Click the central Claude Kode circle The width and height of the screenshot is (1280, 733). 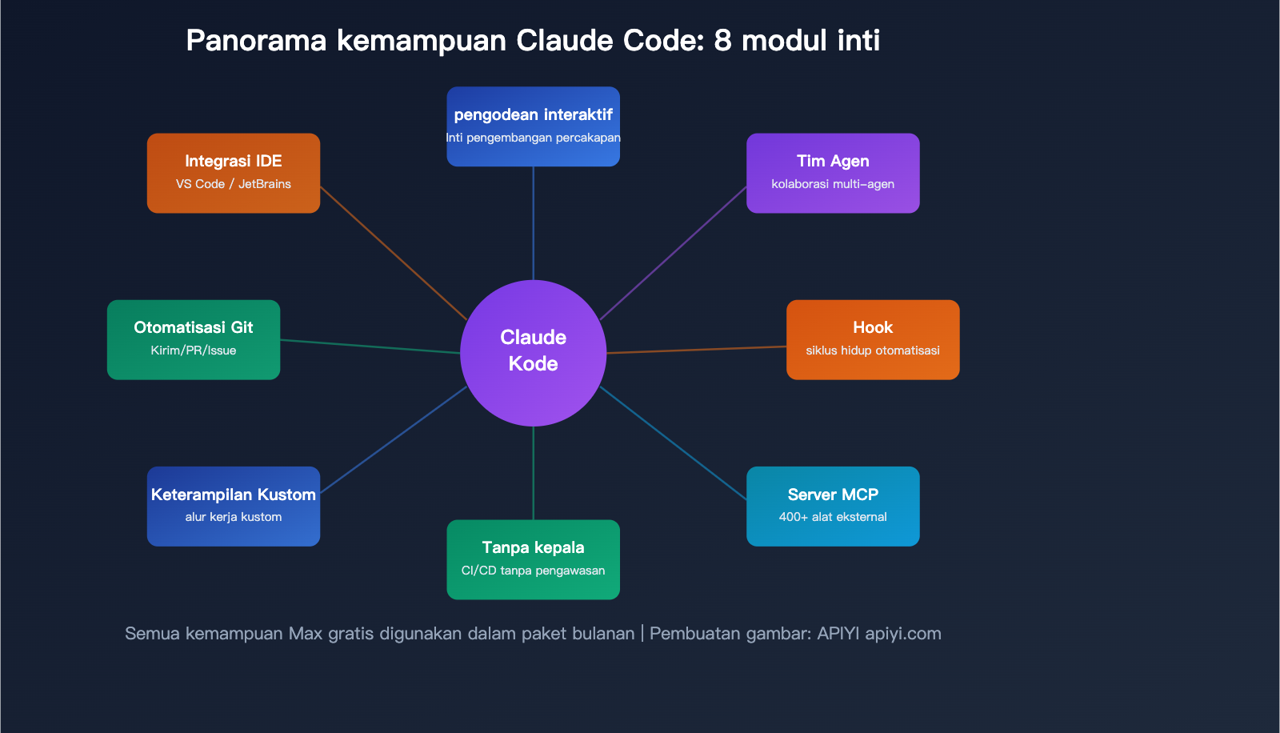tap(533, 352)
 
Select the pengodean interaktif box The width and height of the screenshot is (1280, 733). tap(533, 126)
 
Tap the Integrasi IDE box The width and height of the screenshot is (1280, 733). tap(233, 172)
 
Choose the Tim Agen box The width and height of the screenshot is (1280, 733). tap(832, 172)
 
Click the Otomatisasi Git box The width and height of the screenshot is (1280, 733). tap(193, 339)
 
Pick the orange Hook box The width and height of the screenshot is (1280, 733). tap(872, 339)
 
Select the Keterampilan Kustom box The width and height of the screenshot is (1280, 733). tap(233, 506)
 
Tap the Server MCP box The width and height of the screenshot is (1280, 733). tap(832, 506)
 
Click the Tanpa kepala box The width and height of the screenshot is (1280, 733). tap(533, 559)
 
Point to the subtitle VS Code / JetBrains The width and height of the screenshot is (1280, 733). tap(233, 184)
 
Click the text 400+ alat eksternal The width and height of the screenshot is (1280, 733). tap(832, 517)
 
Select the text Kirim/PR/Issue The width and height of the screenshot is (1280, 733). tap(193, 350)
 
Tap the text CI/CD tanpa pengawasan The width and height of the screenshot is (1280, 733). tap(533, 571)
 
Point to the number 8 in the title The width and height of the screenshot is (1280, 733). tap(722, 40)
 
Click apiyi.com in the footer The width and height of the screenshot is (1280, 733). tap(902, 634)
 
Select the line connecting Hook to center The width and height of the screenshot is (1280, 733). tap(696, 350)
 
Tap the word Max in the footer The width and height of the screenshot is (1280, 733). tap(306, 634)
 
